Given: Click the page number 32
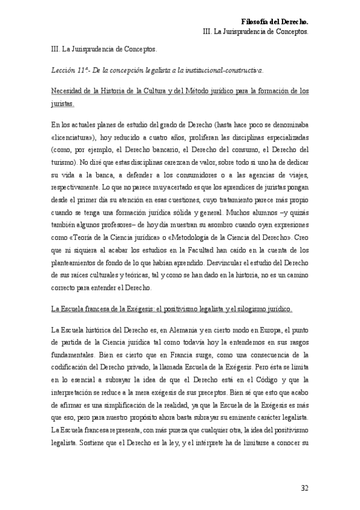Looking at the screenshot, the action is point(305,488).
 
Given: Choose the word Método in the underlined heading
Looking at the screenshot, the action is point(196,91).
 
